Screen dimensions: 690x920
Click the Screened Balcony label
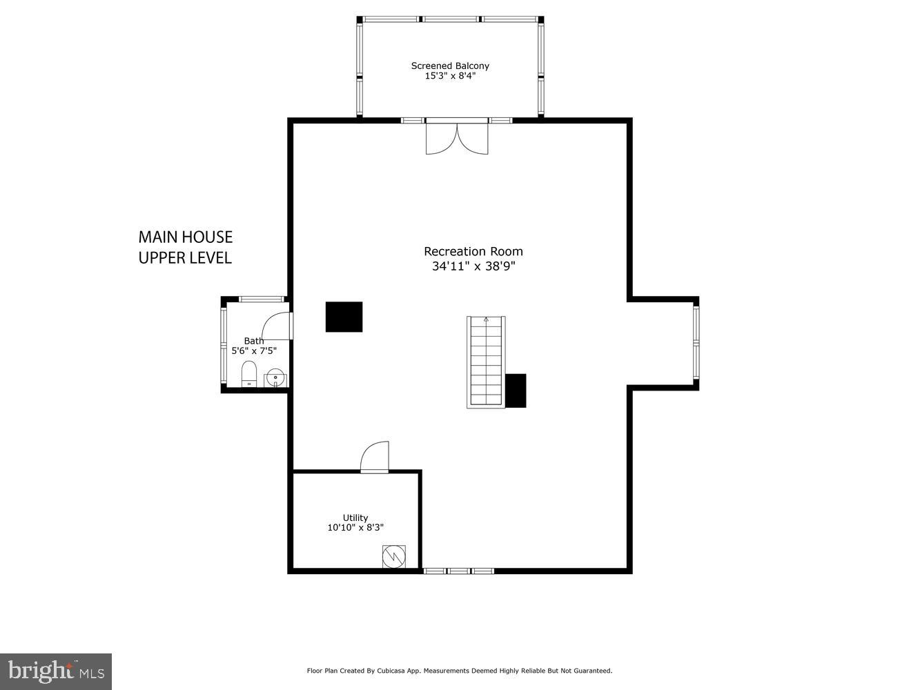click(450, 66)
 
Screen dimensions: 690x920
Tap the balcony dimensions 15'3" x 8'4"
click(450, 76)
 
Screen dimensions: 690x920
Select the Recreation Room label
click(473, 251)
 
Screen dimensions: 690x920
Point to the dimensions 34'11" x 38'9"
click(473, 266)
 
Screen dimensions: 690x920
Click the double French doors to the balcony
click(457, 138)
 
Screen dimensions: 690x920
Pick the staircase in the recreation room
click(487, 362)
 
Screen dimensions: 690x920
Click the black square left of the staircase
click(344, 317)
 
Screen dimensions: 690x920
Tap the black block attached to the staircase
click(516, 391)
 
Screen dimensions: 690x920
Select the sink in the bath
click(275, 377)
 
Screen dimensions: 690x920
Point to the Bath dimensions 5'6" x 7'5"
click(254, 351)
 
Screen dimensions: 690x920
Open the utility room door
click(375, 457)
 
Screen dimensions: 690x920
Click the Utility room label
click(355, 517)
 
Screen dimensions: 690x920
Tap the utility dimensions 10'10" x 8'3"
click(355, 527)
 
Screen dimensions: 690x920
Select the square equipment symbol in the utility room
click(394, 557)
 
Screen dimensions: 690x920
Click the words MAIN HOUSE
click(186, 237)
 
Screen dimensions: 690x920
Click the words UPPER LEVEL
click(185, 258)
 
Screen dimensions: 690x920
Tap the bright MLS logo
click(56, 671)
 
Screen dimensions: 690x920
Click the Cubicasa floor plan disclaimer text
click(460, 671)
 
